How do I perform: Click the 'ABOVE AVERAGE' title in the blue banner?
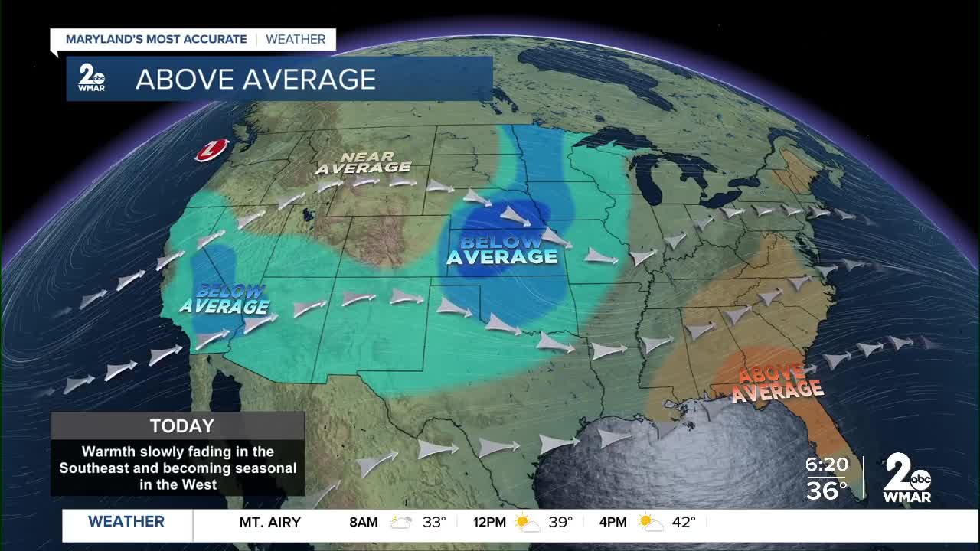255,79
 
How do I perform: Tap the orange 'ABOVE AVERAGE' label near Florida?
776,383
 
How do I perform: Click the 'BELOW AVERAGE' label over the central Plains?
501,249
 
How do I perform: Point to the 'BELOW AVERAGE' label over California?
224,299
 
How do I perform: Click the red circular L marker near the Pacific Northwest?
212,150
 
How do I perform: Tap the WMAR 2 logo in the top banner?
92,78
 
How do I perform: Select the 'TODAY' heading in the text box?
181,426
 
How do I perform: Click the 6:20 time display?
827,465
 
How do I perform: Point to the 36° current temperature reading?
827,490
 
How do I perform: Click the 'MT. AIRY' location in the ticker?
269,523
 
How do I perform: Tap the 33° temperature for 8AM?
434,523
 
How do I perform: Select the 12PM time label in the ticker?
489,523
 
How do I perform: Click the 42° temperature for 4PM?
684,523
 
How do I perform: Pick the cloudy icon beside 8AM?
401,523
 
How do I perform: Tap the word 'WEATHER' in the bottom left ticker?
126,522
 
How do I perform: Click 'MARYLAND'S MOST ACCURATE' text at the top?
156,39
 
